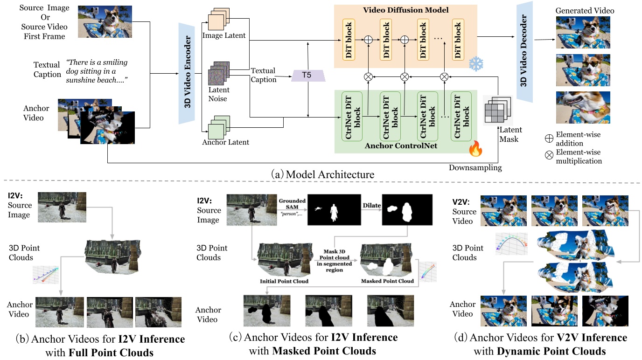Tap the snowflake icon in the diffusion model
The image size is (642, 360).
point(476,64)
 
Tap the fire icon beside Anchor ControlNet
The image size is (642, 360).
point(475,149)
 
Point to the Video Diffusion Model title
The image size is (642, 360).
point(405,10)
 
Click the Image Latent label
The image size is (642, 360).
point(224,35)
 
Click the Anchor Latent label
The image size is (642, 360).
point(226,142)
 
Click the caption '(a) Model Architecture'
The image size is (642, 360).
point(329,174)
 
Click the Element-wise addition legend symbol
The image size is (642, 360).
point(549,138)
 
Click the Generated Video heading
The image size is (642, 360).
point(585,10)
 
